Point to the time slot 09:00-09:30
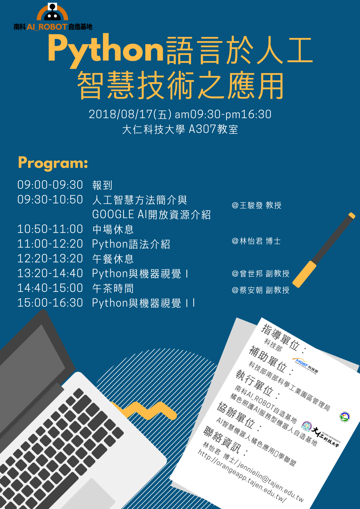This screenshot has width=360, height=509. pyautogui.click(x=50, y=185)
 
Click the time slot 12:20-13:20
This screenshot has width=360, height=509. pyautogui.click(x=50, y=259)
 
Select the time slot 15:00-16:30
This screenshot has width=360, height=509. pyautogui.click(x=50, y=303)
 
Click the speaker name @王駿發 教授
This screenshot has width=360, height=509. pyautogui.click(x=256, y=205)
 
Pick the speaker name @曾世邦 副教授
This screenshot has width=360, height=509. pyautogui.click(x=260, y=273)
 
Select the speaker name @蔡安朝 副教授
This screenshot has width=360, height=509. pyautogui.click(x=260, y=290)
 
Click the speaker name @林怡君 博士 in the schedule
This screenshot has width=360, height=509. pyautogui.click(x=256, y=241)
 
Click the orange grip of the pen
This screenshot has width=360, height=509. pyautogui.click(x=304, y=274)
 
